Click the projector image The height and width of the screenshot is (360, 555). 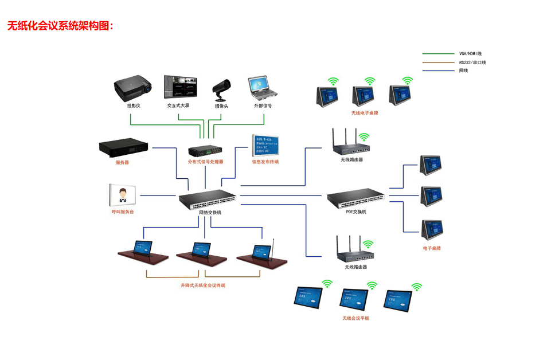(133, 88)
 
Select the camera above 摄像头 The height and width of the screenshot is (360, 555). (221, 88)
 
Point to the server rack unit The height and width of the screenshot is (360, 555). (123, 147)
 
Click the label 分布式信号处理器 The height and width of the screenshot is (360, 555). (205, 162)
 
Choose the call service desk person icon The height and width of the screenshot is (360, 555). (122, 195)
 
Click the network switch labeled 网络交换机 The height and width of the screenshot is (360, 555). (206, 198)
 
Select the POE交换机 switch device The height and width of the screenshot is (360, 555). (355, 198)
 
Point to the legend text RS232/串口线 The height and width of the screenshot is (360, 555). (472, 62)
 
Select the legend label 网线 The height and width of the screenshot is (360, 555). (463, 71)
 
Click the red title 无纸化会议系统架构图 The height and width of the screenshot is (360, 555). (60, 26)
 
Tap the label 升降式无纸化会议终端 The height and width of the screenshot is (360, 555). (203, 285)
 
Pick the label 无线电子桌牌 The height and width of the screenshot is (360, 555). (365, 113)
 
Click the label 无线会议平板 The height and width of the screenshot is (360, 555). (356, 318)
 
